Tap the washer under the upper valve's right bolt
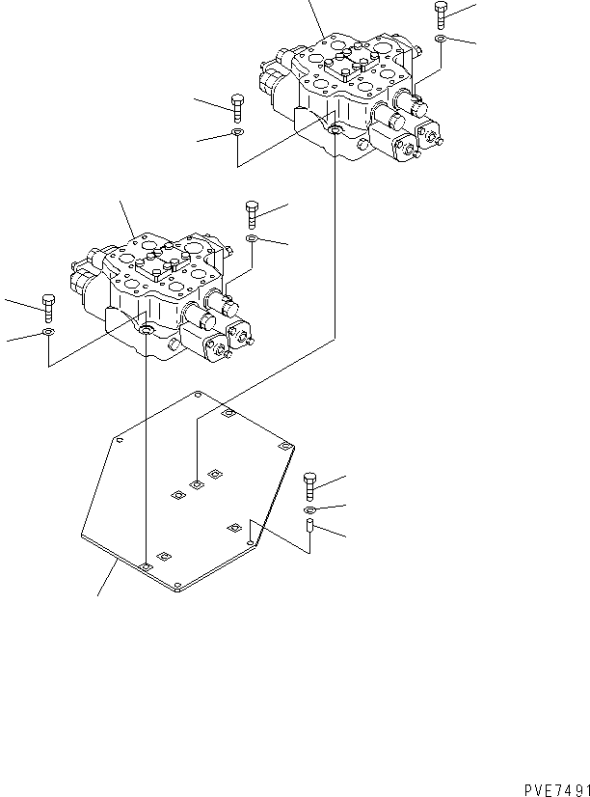(441, 39)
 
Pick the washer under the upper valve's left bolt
(237, 132)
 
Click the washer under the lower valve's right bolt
(252, 237)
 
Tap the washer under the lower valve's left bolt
(48, 334)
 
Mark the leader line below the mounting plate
(107, 578)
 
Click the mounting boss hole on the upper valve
(335, 130)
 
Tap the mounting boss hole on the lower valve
(146, 332)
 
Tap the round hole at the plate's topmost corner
(197, 394)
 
